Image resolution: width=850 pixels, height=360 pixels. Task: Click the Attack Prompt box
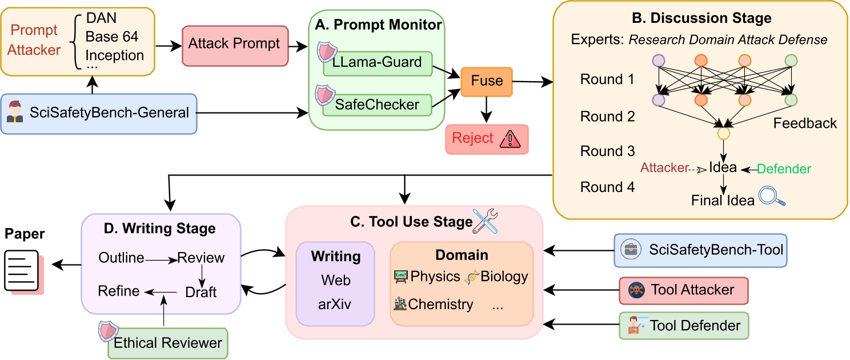tap(234, 44)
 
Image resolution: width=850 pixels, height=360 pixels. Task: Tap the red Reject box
tap(487, 139)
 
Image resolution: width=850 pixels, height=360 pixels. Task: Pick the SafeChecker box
tap(376, 104)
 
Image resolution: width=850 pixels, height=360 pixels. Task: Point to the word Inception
tap(115, 55)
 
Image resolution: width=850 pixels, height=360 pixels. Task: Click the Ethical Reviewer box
tap(167, 343)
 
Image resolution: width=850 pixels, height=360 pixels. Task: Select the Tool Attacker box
tap(683, 290)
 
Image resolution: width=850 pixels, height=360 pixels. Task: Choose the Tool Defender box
tap(683, 326)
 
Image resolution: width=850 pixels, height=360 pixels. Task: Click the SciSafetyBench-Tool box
tap(700, 250)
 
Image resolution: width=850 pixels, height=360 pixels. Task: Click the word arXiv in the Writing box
tap(335, 304)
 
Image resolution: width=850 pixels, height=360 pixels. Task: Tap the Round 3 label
tap(607, 151)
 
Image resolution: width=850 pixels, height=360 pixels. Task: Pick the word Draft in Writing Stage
tap(201, 292)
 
